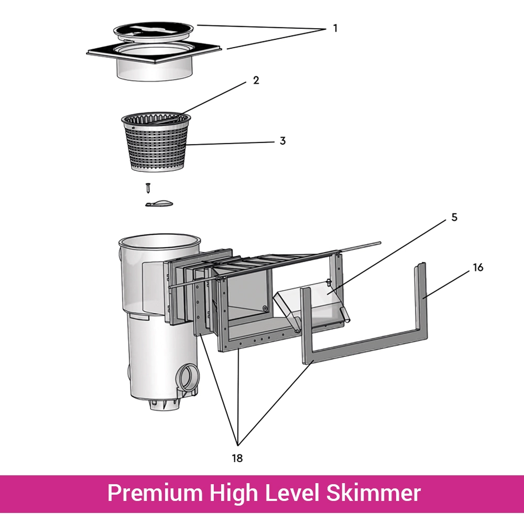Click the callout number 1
pos(335,28)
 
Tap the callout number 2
pos(256,80)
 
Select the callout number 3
pos(282,141)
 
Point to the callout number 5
pos(454,217)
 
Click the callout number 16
pos(477,268)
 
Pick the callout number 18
pos(237,458)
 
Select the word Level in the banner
pos(289,493)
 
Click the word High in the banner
pos(230,493)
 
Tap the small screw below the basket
pos(148,187)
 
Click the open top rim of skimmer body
pos(159,242)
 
